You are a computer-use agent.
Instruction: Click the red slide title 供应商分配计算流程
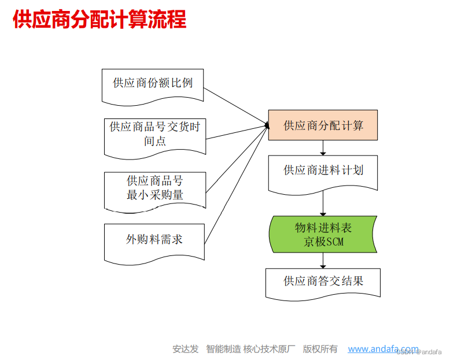(99, 19)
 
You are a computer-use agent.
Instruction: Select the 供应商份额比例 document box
(153, 84)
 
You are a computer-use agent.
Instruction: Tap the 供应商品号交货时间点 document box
(154, 134)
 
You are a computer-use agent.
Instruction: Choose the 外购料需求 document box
(154, 239)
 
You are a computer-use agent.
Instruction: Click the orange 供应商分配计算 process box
(323, 125)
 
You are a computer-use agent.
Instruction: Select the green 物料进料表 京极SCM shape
(323, 234)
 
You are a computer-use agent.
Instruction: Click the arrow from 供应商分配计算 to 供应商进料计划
(323, 147)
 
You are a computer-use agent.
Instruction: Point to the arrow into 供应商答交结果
(323, 261)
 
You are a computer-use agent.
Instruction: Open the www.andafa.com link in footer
(382, 349)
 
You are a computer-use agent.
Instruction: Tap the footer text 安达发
(185, 349)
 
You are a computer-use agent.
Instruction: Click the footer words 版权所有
(320, 349)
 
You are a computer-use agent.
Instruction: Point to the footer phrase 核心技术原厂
(270, 349)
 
